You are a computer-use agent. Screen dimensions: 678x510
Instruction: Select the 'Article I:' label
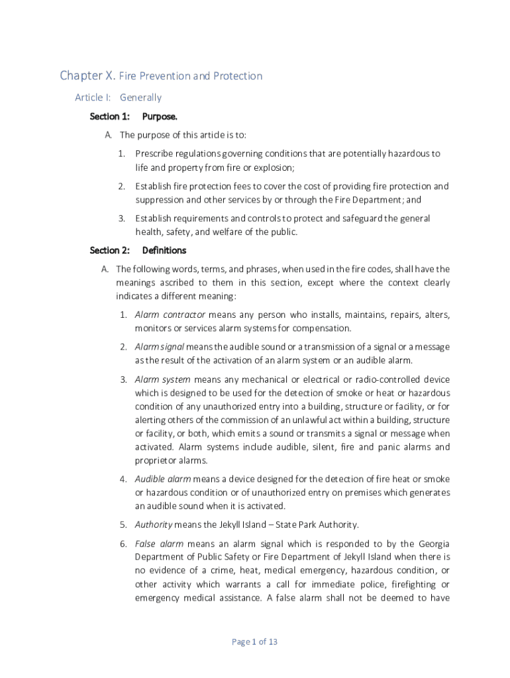click(93, 97)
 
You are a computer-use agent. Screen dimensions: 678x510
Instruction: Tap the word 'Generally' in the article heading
click(140, 97)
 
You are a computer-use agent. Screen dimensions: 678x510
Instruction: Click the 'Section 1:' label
click(109, 117)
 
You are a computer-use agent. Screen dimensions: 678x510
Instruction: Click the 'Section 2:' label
click(109, 250)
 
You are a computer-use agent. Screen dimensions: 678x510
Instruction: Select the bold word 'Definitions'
click(164, 250)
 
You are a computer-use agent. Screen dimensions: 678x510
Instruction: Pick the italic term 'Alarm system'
click(162, 379)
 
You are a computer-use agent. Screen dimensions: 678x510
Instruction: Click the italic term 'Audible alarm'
click(163, 479)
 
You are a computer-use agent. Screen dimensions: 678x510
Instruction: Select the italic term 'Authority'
click(154, 525)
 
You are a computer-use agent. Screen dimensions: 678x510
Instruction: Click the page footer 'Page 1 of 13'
click(254, 642)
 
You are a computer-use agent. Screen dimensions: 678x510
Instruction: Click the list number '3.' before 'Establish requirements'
click(122, 218)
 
